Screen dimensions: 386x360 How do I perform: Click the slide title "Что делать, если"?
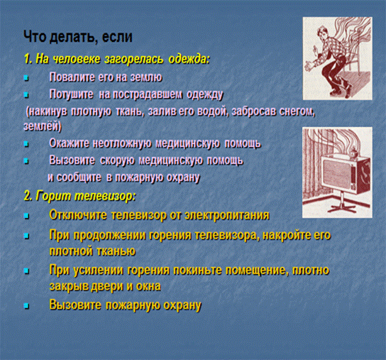pos(78,37)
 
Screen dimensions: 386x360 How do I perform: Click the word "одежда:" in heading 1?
pos(189,60)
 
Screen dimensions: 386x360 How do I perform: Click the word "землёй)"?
pos(43,126)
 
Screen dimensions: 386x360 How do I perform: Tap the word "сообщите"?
pos(79,178)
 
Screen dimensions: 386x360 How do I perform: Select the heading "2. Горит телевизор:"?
pos(79,196)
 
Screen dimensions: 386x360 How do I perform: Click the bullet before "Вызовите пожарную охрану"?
pos(26,306)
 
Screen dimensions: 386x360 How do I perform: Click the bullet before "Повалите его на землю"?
pos(26,78)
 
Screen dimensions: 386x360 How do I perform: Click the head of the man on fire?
pos(321,33)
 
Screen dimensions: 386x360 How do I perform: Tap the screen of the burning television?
pos(338,174)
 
